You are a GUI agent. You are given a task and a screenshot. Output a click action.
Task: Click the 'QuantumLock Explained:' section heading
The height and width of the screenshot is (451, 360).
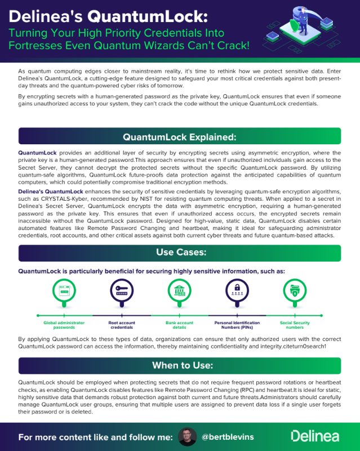(180, 137)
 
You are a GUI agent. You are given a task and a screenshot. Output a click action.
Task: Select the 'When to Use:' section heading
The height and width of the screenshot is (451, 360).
(180, 365)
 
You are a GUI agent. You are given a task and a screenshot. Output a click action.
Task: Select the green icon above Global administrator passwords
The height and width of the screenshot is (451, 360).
(64, 291)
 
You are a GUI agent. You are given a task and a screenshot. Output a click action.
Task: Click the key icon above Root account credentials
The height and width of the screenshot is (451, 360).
(121, 291)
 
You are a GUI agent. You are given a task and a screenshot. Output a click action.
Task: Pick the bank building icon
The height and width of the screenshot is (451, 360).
(179, 291)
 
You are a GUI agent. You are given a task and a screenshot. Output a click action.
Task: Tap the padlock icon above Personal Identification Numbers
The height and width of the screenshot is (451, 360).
(237, 291)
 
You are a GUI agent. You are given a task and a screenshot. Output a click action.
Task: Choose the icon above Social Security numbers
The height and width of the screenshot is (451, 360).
(294, 291)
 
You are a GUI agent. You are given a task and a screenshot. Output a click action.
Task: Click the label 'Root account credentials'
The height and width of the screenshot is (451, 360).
(121, 325)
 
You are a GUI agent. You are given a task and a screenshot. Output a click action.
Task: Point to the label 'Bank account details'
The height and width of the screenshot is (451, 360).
(179, 325)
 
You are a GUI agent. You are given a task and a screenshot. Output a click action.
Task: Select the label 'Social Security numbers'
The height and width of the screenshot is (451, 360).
(294, 325)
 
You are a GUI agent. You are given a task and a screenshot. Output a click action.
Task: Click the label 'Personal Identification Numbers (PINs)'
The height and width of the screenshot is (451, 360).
(237, 325)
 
